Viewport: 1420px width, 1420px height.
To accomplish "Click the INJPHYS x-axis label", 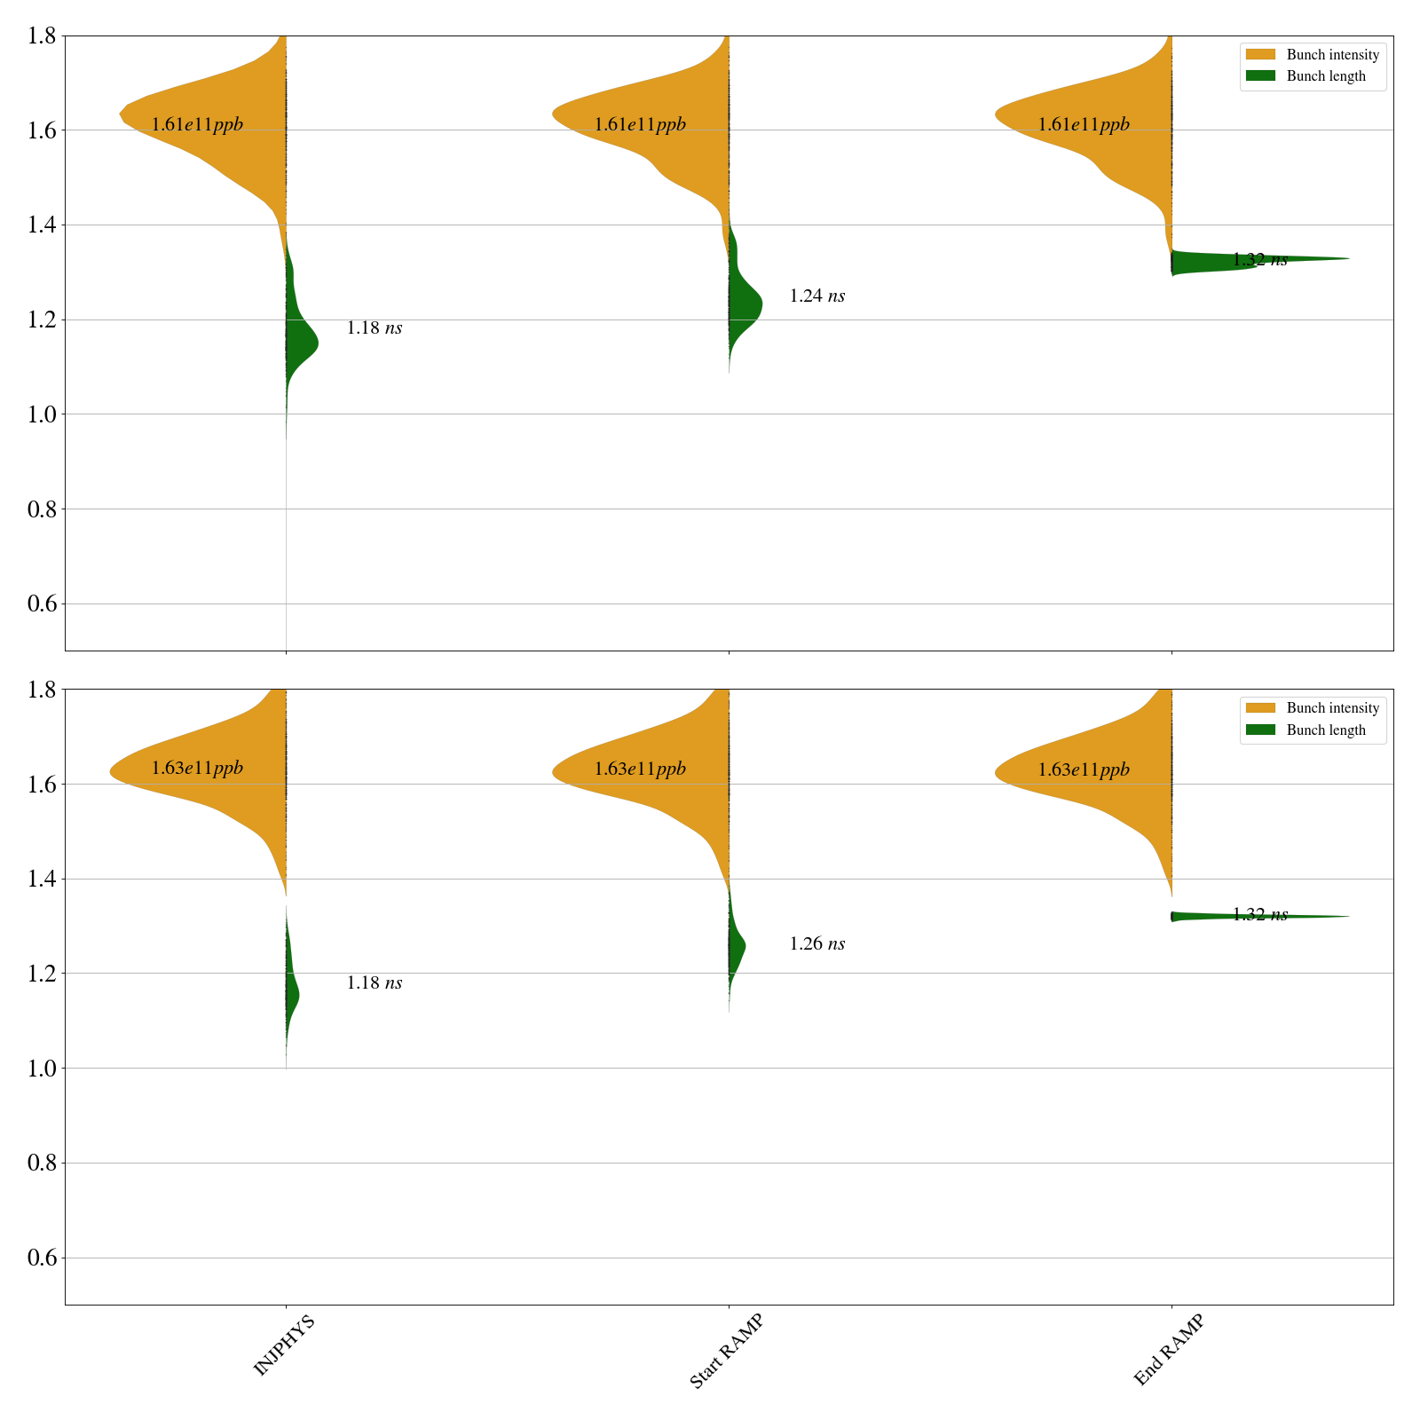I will tap(284, 1346).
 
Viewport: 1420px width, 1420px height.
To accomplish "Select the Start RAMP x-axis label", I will tap(726, 1351).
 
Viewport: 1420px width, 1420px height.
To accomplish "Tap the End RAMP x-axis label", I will tap(1169, 1350).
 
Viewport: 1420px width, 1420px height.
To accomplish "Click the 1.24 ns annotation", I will tap(816, 296).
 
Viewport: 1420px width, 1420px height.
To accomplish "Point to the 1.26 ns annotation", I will tap(816, 944).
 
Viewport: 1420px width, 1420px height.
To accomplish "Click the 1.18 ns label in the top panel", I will tap(374, 328).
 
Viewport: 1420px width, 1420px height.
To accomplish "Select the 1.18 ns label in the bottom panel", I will tap(374, 983).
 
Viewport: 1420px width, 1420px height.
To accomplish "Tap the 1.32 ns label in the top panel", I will tap(1259, 260).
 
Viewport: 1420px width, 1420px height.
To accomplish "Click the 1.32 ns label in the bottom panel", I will tap(1259, 915).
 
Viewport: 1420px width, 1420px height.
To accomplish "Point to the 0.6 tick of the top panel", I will tap(43, 604).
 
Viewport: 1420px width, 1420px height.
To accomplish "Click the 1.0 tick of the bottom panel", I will tap(43, 1069).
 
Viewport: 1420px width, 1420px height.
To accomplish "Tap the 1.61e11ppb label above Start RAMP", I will tap(640, 125).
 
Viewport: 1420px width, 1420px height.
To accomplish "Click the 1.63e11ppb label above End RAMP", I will tap(1084, 770).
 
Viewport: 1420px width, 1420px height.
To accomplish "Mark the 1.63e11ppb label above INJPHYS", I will tap(197, 769).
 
